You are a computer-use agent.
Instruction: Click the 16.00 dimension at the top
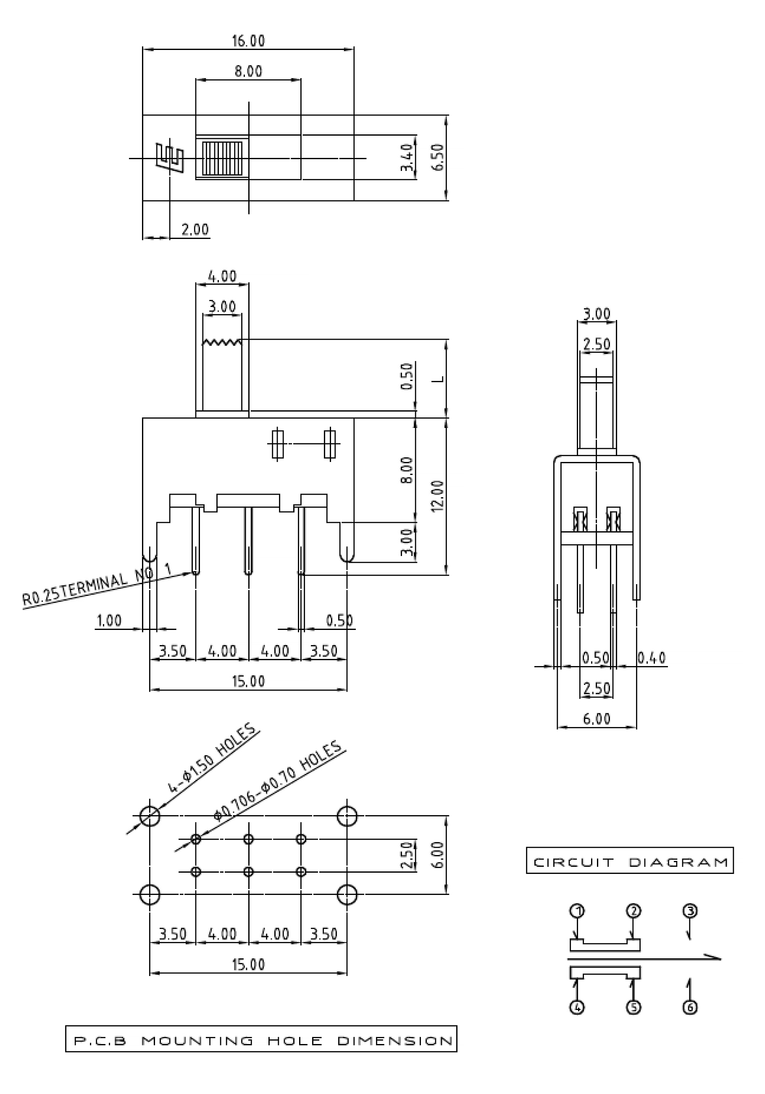pos(248,41)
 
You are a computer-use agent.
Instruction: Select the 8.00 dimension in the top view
pos(248,71)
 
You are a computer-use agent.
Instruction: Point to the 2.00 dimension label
pos(195,230)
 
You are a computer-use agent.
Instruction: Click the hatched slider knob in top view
pos(222,158)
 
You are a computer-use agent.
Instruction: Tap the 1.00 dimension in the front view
pos(109,620)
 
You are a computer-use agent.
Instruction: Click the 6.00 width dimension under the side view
pos(596,719)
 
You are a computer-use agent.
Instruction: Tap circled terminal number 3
pos(690,911)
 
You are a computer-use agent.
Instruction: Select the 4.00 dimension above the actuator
pos(222,276)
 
